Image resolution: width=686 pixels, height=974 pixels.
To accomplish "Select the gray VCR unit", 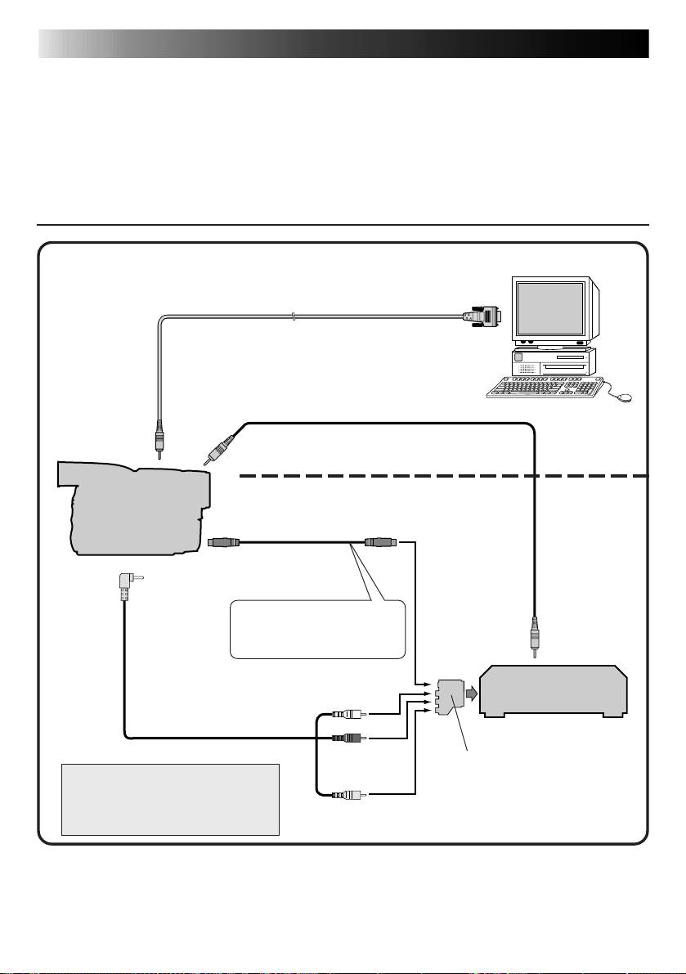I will click(554, 691).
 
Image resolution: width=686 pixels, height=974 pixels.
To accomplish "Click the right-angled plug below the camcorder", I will click(124, 584).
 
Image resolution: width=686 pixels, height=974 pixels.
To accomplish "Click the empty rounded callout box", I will click(317, 629).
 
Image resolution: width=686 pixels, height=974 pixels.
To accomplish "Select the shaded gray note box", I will click(171, 800).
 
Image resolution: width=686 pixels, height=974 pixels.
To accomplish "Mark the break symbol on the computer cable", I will click(292, 316).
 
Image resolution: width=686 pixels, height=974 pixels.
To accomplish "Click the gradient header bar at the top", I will click(343, 44).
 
